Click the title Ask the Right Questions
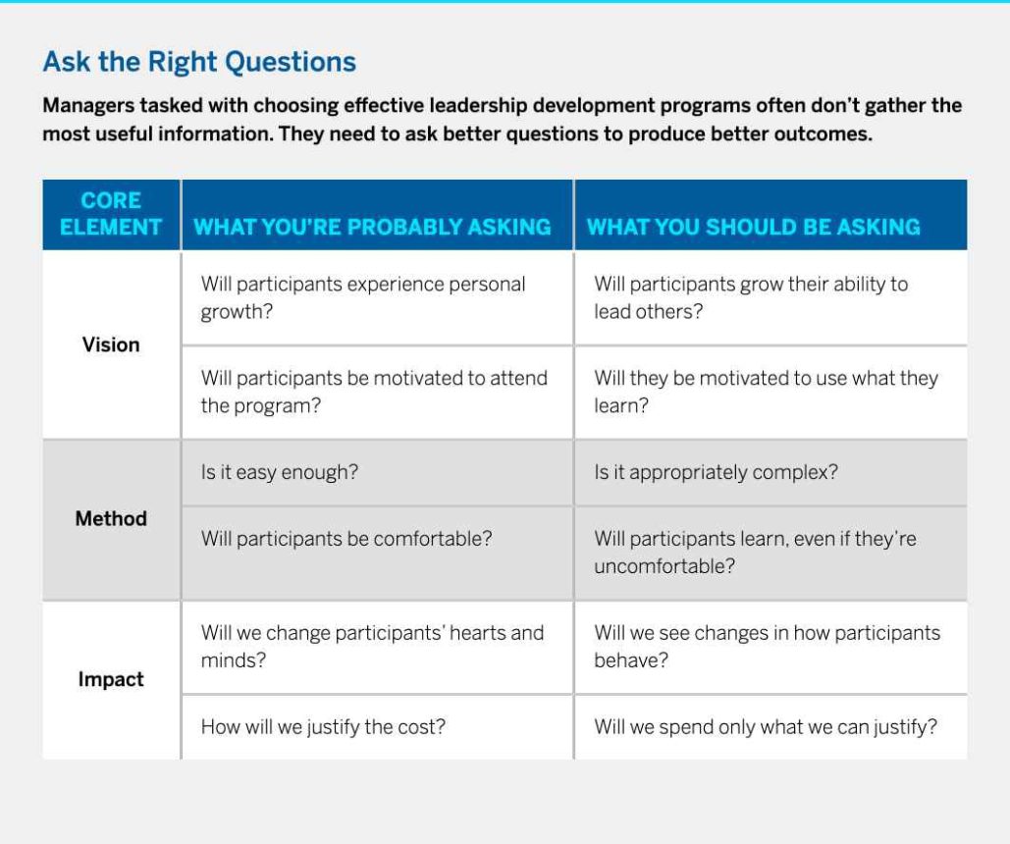pyautogui.click(x=199, y=62)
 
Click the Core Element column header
pyautogui.click(x=111, y=214)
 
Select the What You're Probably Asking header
pyautogui.click(x=372, y=227)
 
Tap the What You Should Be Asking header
pyautogui.click(x=753, y=227)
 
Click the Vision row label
pyautogui.click(x=111, y=344)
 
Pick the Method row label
pyautogui.click(x=111, y=518)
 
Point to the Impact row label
pyautogui.click(x=111, y=679)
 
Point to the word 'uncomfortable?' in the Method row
pyautogui.click(x=664, y=566)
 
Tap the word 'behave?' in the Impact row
pyautogui.click(x=631, y=660)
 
